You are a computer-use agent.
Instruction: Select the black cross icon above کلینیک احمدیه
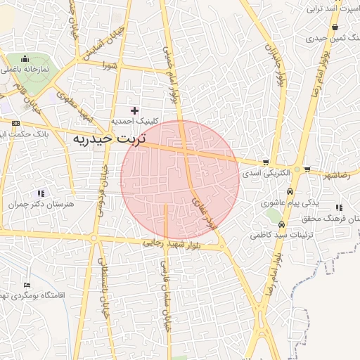134,110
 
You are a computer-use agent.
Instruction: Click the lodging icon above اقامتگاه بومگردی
27,285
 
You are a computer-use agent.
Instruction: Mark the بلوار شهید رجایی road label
173,243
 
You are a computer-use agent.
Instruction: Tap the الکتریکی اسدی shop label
261,171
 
